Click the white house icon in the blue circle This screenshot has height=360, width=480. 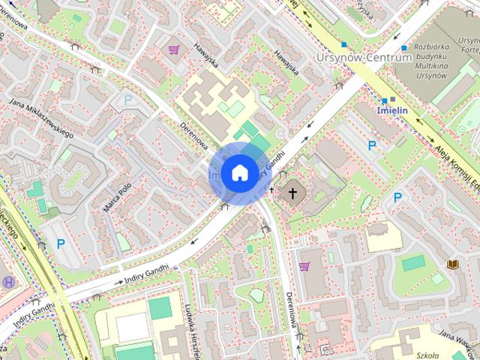pos(239,173)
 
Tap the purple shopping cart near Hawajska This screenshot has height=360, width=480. pos(174,50)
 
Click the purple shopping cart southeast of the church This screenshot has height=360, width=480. pos(304,266)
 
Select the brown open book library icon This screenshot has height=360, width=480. pos(453,264)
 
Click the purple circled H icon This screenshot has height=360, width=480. pos(8,282)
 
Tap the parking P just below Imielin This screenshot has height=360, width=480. pos(371,145)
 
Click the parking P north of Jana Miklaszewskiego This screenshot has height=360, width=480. pos(127,99)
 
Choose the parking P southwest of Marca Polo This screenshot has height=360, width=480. pos(61,243)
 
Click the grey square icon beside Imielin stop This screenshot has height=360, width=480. pos(392,98)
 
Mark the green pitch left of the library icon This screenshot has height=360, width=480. pos(412,263)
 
